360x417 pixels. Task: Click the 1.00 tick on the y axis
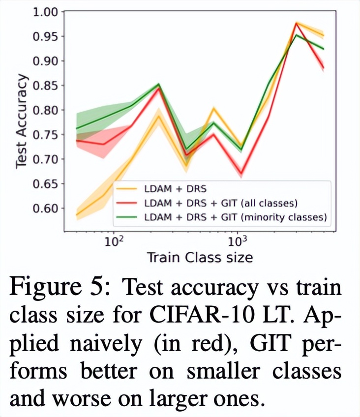click(45, 12)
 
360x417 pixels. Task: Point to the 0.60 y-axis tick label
click(45, 208)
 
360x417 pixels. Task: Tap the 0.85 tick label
click(45, 86)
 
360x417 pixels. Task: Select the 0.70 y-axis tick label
click(45, 159)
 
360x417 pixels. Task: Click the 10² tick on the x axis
click(114, 242)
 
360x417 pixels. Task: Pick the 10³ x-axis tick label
click(237, 242)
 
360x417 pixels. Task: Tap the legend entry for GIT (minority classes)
click(236, 216)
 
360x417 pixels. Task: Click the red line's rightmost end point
click(323, 68)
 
